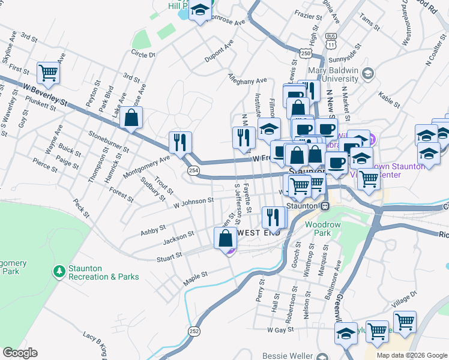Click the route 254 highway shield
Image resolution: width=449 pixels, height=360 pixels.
point(194,171)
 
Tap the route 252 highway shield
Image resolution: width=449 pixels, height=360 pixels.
point(194,331)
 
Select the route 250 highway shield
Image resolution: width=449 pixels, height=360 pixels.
point(306,54)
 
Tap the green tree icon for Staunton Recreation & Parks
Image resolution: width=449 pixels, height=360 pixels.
point(59,272)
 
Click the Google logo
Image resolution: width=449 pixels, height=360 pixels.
point(20,353)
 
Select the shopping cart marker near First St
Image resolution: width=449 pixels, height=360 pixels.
point(48,73)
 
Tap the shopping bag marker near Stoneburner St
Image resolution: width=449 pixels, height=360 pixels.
point(131,118)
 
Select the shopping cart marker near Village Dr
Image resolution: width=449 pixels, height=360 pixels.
point(405,322)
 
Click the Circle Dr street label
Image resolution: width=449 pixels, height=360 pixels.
point(143,55)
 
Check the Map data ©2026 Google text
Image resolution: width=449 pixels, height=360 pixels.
point(411,355)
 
